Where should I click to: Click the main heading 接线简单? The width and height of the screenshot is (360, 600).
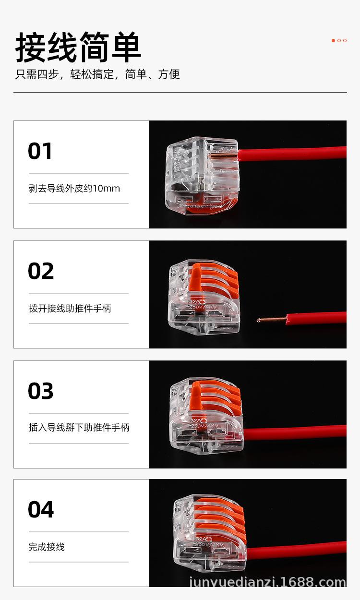78,48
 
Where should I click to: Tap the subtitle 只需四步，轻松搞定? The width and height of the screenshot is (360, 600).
97,74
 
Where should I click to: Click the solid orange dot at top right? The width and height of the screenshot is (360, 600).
333,41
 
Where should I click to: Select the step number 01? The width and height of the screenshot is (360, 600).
40,151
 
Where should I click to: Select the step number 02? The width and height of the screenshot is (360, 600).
41,271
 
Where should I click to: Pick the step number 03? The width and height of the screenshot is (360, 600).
41,391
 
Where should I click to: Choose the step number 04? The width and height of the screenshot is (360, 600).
41,510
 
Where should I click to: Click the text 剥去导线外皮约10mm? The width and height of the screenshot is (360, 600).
74,189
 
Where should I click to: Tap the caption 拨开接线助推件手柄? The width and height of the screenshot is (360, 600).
70,309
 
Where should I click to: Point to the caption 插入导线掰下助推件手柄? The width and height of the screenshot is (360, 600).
79,428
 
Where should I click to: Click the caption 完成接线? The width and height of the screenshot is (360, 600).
46,547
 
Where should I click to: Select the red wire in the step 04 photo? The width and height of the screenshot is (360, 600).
298,550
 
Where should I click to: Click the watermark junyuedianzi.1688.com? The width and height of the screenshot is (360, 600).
267,583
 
